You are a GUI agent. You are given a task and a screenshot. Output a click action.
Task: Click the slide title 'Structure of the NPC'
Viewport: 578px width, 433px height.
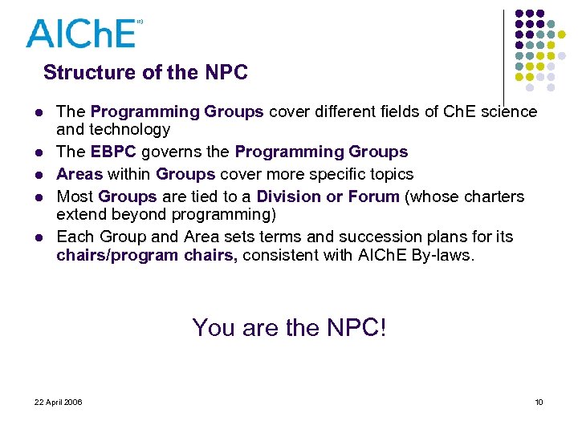click(x=145, y=73)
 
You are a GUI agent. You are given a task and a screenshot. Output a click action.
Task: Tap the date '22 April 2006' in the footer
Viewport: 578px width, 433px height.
click(x=59, y=402)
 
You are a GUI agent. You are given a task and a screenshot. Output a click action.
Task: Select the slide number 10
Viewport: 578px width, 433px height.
click(x=539, y=402)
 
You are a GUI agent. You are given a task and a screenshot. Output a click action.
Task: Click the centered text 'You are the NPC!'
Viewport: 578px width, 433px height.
click(x=289, y=327)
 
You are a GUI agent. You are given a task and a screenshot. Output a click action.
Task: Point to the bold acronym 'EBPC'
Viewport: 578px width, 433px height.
click(x=115, y=152)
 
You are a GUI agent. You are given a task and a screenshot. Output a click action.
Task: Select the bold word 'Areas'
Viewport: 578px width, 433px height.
click(x=79, y=174)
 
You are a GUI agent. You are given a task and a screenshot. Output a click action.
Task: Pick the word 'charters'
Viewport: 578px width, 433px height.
click(x=493, y=196)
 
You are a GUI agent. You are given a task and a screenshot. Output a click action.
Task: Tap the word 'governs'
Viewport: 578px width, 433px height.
click(x=173, y=152)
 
